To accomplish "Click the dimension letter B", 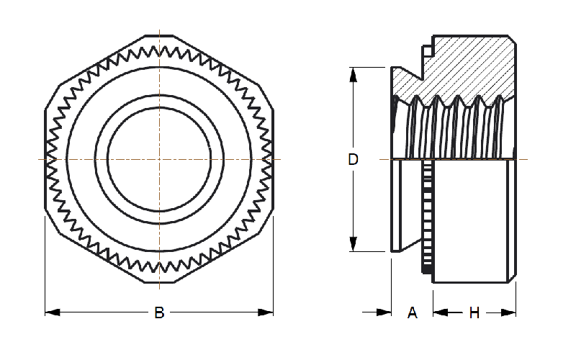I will pyautogui.click(x=160, y=312).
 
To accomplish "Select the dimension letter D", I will pyautogui.click(x=353, y=160).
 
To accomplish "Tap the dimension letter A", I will pyautogui.click(x=413, y=312).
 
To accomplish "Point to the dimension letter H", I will pyautogui.click(x=474, y=312).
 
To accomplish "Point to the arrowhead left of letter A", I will pyautogui.click(x=384, y=312).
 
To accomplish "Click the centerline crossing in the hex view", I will pyautogui.click(x=160, y=158).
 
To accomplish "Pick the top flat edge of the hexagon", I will pyautogui.click(x=160, y=33).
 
